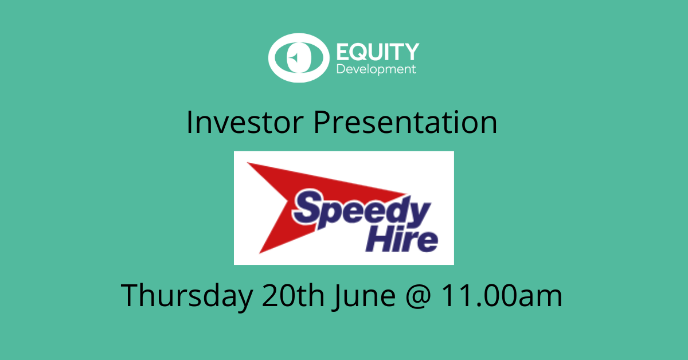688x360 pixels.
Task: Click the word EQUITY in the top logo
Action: point(378,52)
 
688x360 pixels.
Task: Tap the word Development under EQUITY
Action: point(376,69)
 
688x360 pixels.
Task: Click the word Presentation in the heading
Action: point(405,123)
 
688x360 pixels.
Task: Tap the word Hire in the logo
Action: point(402,240)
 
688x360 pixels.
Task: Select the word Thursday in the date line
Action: point(187,295)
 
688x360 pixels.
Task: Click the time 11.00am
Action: point(501,295)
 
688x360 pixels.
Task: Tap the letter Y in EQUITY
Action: point(411,52)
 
